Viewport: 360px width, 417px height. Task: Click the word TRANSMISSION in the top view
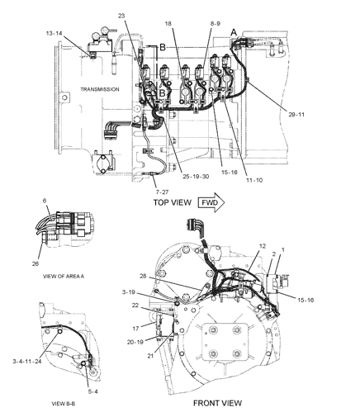(99, 89)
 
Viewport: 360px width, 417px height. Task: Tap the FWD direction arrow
(211, 202)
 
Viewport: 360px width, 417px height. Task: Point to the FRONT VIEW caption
(217, 403)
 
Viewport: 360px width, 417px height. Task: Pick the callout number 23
(121, 15)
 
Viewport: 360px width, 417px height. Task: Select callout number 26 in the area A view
(35, 264)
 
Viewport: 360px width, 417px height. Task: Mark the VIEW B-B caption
(64, 404)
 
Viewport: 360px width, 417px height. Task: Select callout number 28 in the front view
(142, 276)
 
